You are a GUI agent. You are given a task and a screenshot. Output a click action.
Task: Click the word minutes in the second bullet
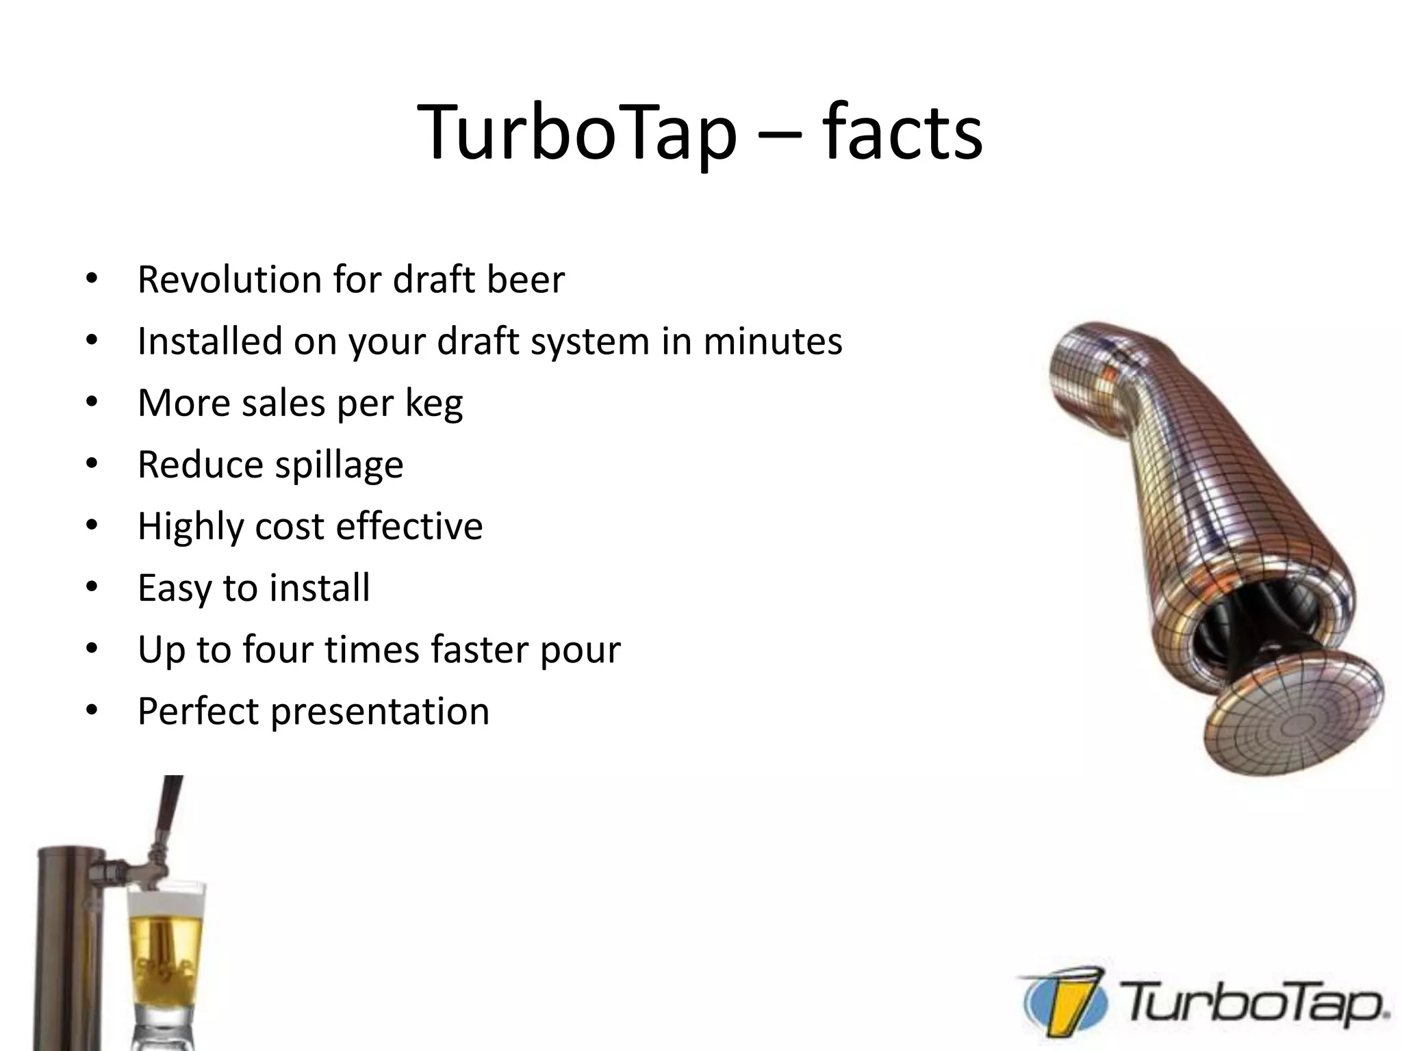(x=773, y=341)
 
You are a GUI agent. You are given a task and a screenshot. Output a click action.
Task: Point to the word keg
(x=434, y=404)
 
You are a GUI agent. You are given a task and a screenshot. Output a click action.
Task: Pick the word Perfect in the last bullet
(x=198, y=711)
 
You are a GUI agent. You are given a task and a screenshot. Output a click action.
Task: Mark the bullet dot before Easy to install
(x=92, y=588)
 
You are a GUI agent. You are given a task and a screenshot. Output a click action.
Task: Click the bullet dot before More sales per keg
(x=92, y=403)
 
